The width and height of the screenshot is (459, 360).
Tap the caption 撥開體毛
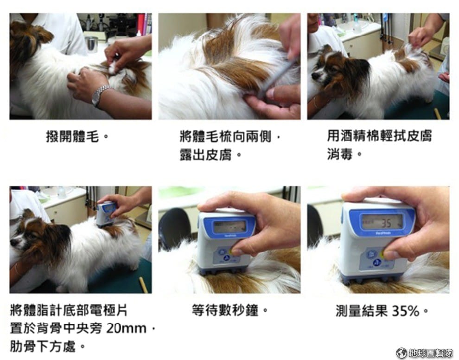(73, 137)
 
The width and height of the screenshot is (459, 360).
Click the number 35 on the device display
(386, 223)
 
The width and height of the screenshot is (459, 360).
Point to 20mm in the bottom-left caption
(126, 328)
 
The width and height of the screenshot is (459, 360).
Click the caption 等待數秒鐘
(225, 310)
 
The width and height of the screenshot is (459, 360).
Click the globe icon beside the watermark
(402, 353)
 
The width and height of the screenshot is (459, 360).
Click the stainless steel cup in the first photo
(92, 44)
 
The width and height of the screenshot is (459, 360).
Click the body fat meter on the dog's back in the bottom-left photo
(106, 214)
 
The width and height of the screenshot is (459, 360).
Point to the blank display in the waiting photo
(229, 226)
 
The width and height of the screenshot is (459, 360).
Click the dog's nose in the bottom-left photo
(13, 243)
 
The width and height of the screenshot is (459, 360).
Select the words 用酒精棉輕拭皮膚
(379, 136)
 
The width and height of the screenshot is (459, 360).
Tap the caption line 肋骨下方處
(43, 347)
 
